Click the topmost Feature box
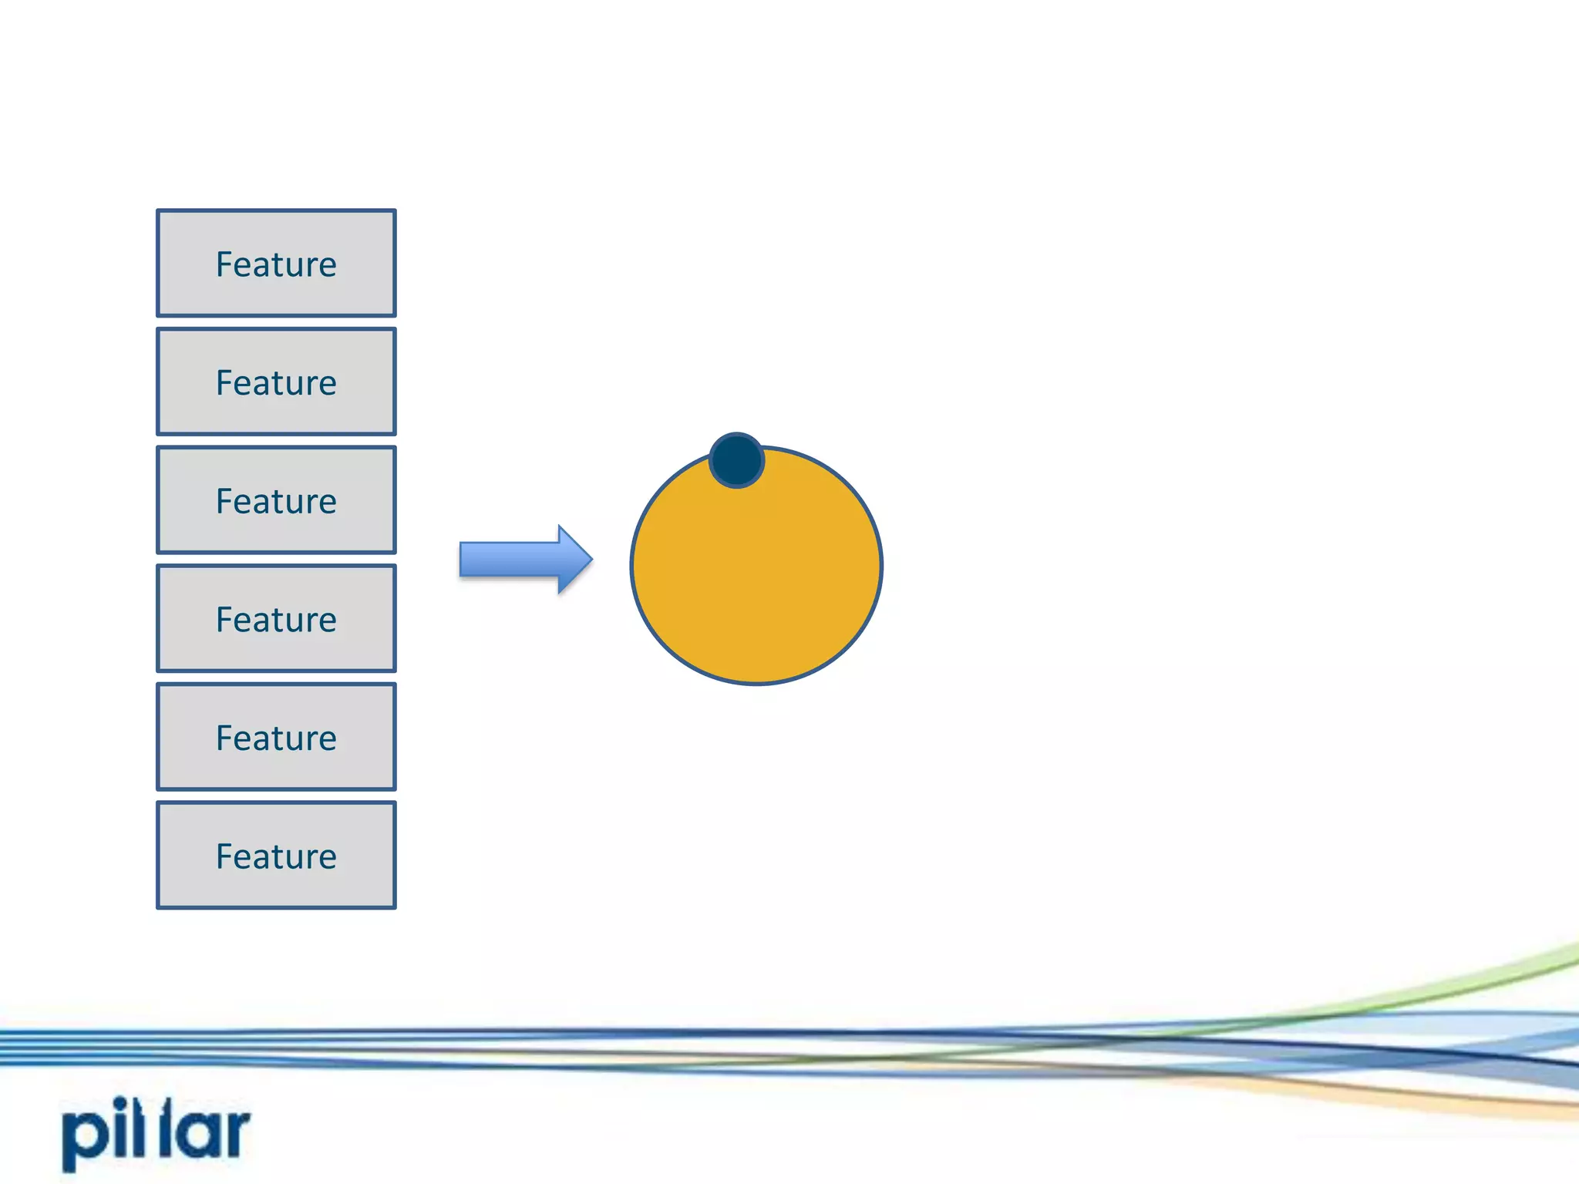coord(276,263)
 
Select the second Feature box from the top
coord(276,382)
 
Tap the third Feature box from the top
coord(276,499)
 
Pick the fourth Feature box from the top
coord(276,618)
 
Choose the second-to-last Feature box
coord(276,737)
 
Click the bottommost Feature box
coord(276,855)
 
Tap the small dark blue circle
coord(736,460)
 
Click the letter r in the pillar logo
coord(235,1133)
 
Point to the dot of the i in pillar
coord(120,1103)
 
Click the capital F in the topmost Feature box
coord(224,264)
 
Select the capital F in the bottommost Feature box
coord(224,856)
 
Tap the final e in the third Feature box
coord(327,503)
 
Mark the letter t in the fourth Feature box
coord(275,621)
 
